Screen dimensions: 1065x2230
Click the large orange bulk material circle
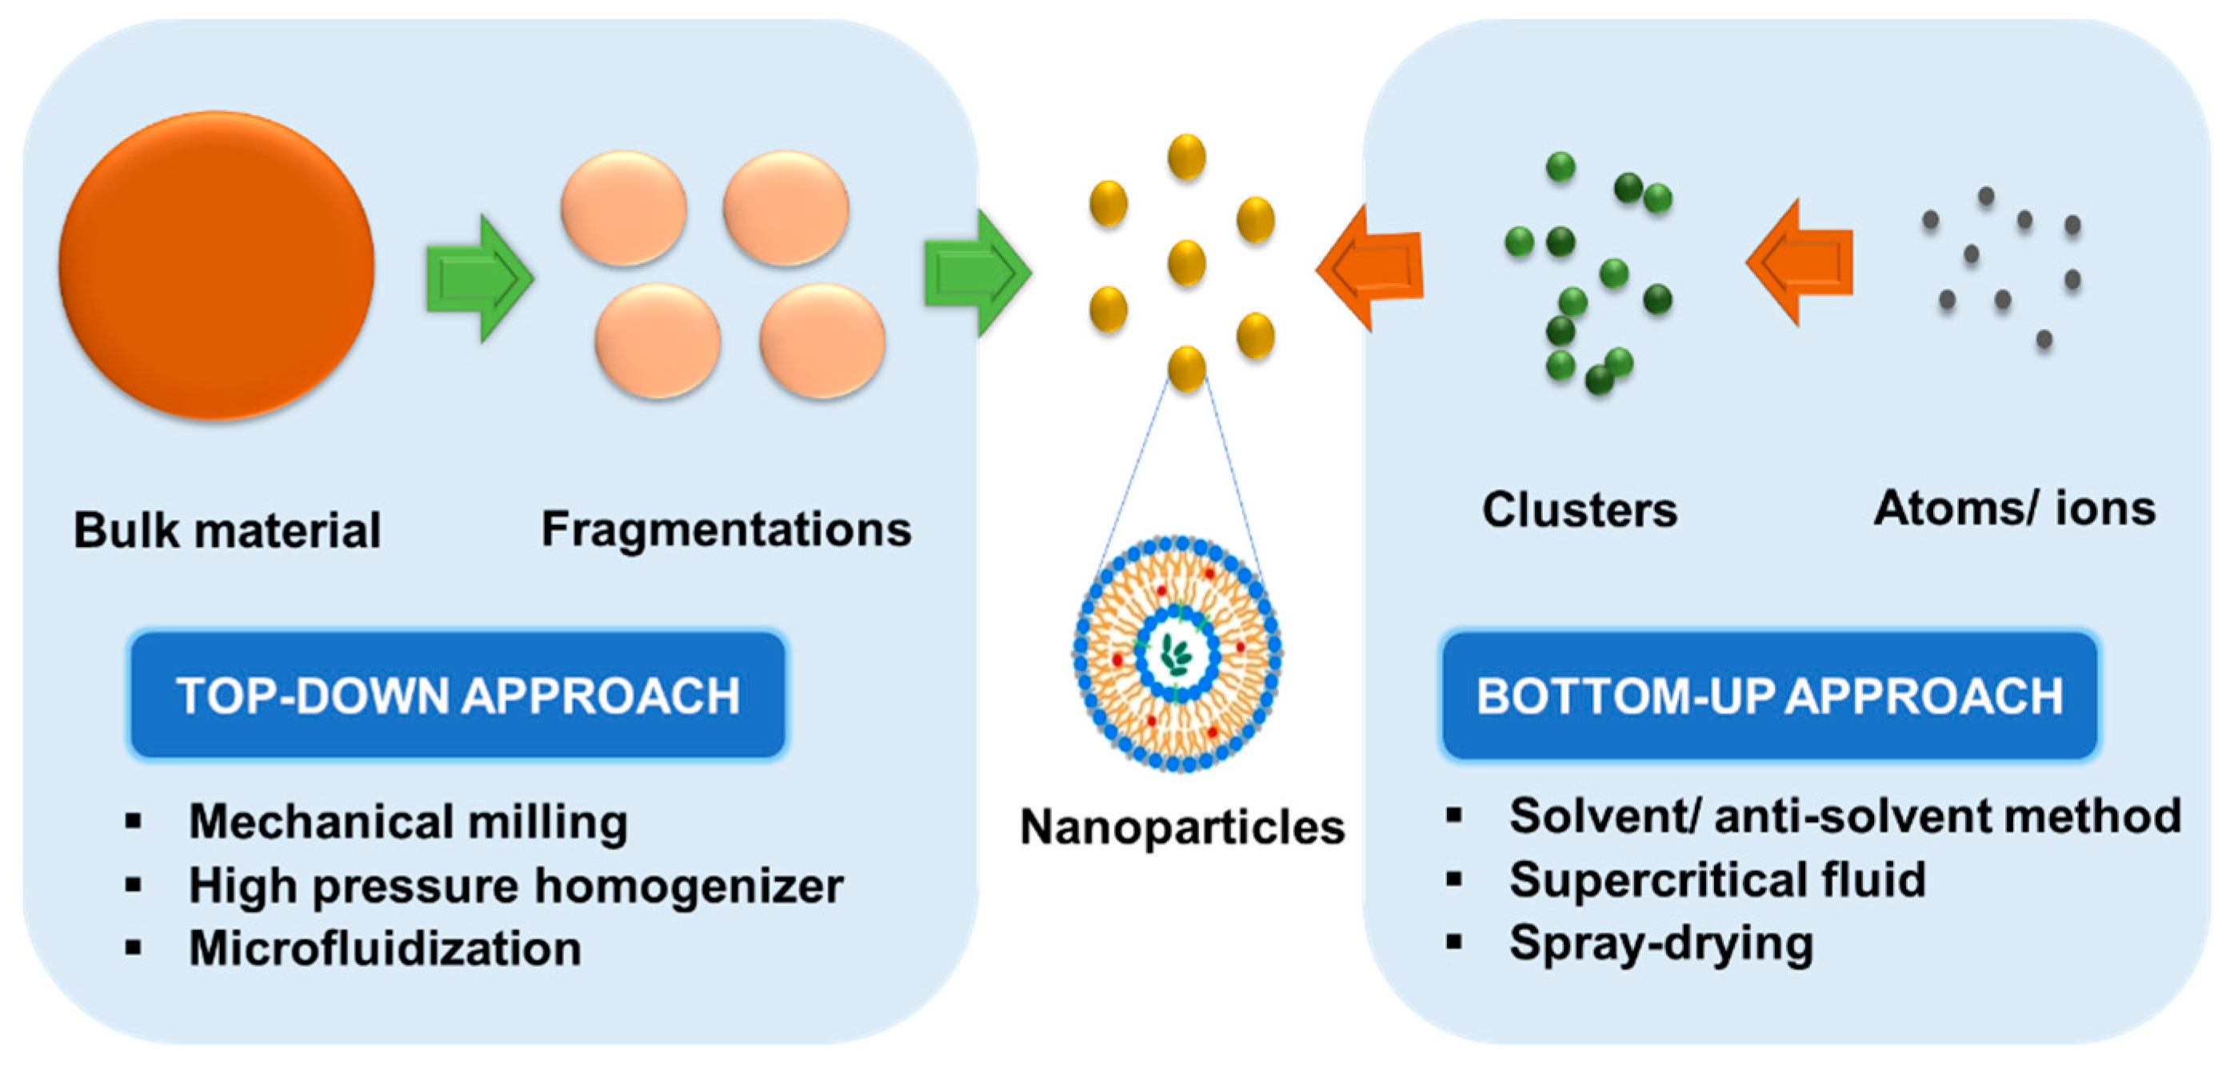click(217, 265)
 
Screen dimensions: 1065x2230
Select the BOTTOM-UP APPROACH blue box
click(1769, 696)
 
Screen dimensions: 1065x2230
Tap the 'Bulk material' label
click(227, 529)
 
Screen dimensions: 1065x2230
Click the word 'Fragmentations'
click(725, 529)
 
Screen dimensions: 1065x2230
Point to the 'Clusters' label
click(1579, 509)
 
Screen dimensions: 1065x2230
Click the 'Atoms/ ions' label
click(2015, 508)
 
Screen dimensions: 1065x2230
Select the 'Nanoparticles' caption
click(1181, 827)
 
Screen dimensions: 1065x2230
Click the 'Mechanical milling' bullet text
click(408, 821)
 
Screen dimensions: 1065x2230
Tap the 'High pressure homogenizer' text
click(516, 885)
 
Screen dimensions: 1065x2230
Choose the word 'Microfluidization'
click(386, 948)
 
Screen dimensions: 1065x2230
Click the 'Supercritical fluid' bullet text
click(1717, 880)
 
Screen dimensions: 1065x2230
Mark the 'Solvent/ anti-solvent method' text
click(1844, 816)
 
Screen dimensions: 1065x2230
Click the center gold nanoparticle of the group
click(1186, 263)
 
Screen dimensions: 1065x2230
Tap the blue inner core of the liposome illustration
click(1177, 654)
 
